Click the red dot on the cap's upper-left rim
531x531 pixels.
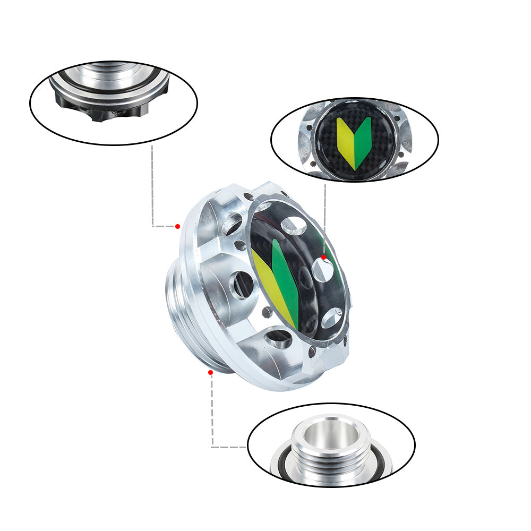177,226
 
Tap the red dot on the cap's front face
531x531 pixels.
323,257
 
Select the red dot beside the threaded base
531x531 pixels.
210,372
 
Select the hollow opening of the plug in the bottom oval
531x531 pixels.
331,433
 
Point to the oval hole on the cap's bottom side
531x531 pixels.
278,338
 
